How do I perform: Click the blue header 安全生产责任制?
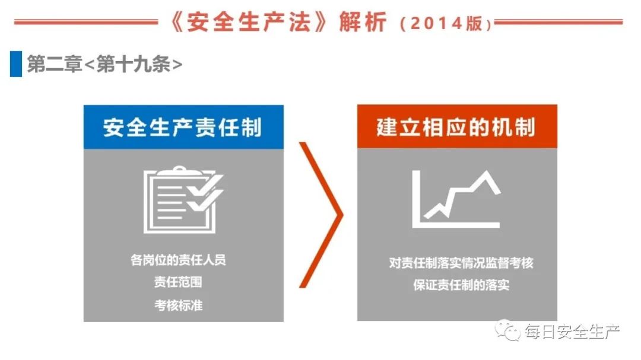(183, 127)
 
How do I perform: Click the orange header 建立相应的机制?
(457, 126)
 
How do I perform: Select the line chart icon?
(456, 199)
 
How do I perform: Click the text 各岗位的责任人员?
(178, 260)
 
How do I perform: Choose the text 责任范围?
(178, 282)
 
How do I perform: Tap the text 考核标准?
(178, 305)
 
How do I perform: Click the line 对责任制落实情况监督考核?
(461, 262)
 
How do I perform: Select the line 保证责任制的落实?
(461, 285)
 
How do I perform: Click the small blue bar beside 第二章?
(16, 63)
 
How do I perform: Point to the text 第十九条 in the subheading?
(134, 64)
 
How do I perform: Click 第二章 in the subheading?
(55, 64)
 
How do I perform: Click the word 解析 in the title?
(363, 22)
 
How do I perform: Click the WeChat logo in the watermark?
(507, 330)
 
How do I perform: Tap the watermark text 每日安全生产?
(572, 332)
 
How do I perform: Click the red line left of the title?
(86, 22)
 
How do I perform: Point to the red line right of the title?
(559, 22)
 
